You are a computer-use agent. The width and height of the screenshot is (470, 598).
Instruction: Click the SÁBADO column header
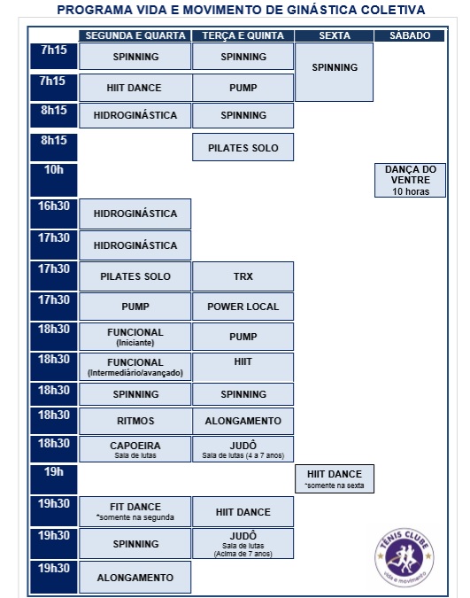click(x=410, y=35)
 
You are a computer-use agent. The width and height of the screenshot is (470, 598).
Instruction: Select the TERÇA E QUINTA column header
click(x=243, y=35)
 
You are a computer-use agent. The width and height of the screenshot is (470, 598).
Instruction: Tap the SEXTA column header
click(x=334, y=35)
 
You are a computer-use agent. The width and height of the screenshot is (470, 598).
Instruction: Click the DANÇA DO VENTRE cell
click(x=410, y=180)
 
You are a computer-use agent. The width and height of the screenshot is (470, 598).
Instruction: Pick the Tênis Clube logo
click(x=404, y=557)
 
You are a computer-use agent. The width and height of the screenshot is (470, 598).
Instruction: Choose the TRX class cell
click(x=243, y=276)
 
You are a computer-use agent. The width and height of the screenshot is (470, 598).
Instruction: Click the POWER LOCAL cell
click(x=243, y=307)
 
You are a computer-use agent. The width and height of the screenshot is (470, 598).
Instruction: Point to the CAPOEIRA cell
click(x=135, y=449)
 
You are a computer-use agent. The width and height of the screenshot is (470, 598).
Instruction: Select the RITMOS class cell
click(x=135, y=421)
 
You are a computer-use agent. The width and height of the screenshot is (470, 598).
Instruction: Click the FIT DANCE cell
click(x=135, y=511)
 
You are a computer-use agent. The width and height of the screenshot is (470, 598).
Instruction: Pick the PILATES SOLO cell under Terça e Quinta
click(x=243, y=147)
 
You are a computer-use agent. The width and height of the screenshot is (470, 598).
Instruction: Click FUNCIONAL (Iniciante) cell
click(x=135, y=337)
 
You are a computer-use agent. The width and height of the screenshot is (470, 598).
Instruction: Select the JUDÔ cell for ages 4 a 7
click(x=243, y=449)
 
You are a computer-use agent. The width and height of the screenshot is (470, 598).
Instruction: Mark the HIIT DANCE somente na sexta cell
click(x=335, y=478)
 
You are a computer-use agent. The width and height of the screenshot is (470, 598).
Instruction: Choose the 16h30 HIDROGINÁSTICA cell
click(x=135, y=214)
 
